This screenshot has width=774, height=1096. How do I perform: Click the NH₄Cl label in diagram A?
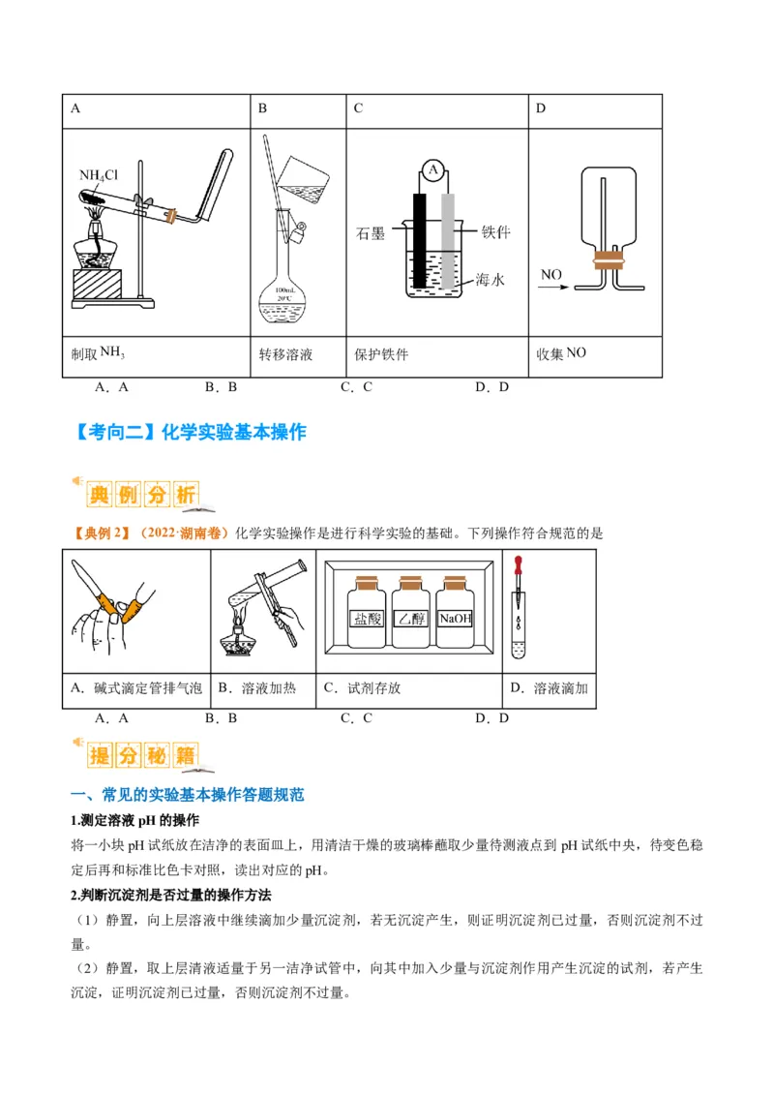click(99, 175)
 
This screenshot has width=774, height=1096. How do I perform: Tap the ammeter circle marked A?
click(433, 171)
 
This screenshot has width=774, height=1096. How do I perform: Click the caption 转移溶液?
click(285, 354)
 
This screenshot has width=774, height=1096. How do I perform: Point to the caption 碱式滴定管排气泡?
click(136, 688)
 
